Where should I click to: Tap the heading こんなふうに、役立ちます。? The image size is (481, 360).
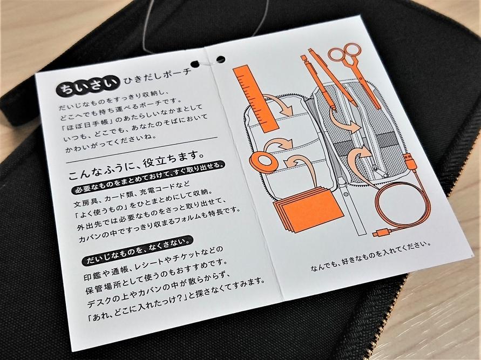tap(137, 165)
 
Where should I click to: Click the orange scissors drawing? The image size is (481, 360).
tap(354, 73)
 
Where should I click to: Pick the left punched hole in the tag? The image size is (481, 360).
tap(195, 64)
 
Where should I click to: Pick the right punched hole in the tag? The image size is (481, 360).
tap(221, 59)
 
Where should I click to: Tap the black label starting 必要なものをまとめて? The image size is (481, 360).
tap(148, 176)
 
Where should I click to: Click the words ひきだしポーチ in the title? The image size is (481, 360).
tap(157, 77)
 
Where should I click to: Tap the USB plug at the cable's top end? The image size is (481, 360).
tap(409, 161)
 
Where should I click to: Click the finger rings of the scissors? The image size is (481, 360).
tap(345, 52)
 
